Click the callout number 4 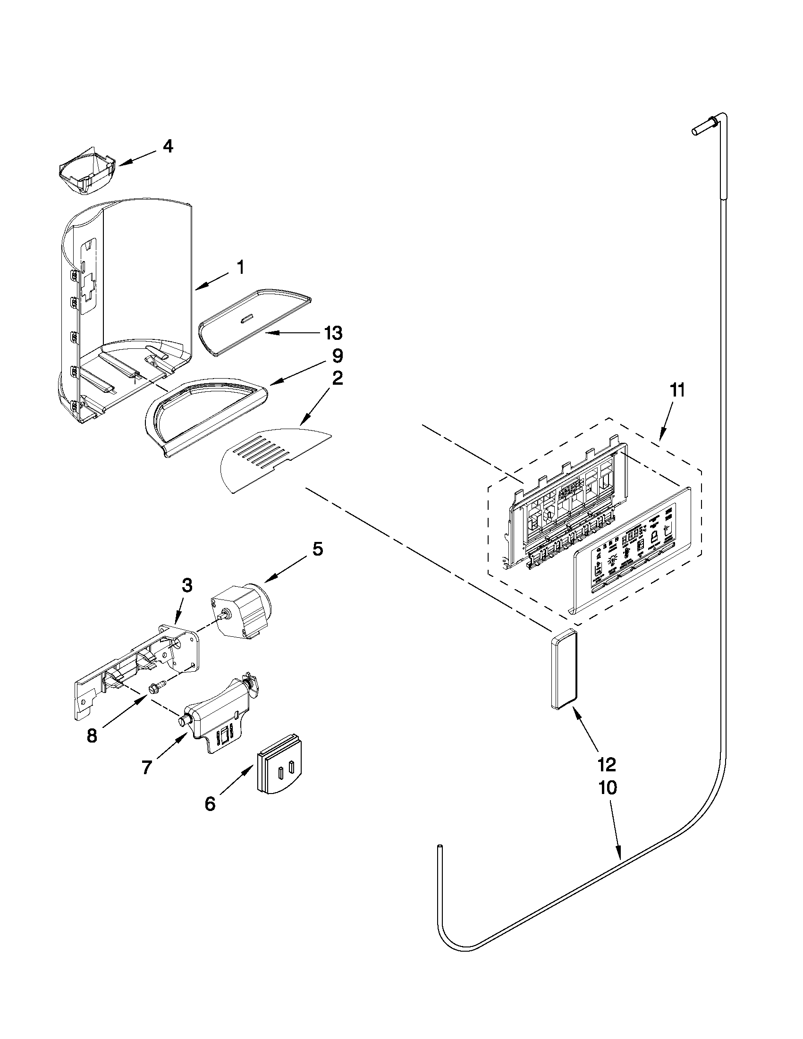tap(168, 146)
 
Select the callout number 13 tap(333, 333)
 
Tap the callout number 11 tap(677, 390)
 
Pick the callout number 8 tap(92, 736)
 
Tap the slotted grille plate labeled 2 tap(273, 459)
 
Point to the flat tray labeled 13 tap(254, 321)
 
